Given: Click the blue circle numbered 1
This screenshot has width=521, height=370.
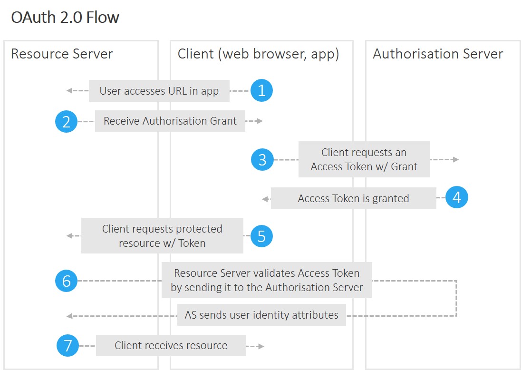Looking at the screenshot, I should pos(261,90).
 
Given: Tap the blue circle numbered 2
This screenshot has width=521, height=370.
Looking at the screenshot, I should pos(67,121).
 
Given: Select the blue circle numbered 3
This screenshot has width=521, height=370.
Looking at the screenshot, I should pos(262,159).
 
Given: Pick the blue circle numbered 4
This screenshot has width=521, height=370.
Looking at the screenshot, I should pos(457,197).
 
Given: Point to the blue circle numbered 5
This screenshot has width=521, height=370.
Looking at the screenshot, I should pos(261,236).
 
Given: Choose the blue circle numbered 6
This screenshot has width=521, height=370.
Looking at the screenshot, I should pos(67,281).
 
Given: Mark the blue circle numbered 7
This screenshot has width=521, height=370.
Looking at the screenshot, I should pos(68,345).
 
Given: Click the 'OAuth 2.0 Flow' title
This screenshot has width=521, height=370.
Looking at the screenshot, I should pos(65,18).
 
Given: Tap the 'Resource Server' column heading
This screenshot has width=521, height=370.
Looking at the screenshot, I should pos(62,54).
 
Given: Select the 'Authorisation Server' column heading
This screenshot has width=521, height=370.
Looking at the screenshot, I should pos(437,54).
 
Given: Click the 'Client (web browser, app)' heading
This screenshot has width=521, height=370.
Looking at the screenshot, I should pos(258,54).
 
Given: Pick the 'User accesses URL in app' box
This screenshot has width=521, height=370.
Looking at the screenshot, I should pos(159,91).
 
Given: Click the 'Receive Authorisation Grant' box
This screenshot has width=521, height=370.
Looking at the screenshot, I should pos(170,121).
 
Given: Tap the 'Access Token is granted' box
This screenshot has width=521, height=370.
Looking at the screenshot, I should pos(353,198).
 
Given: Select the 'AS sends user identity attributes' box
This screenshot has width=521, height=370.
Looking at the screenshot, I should pos(261,315).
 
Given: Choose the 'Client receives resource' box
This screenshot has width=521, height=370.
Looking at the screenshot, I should pos(171,345).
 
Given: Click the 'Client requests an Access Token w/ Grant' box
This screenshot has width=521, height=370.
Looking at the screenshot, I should pos(364,159).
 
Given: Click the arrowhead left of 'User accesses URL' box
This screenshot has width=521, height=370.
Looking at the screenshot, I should pos(69,91).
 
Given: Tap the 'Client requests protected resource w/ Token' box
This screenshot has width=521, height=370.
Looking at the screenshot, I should pos(162,236).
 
